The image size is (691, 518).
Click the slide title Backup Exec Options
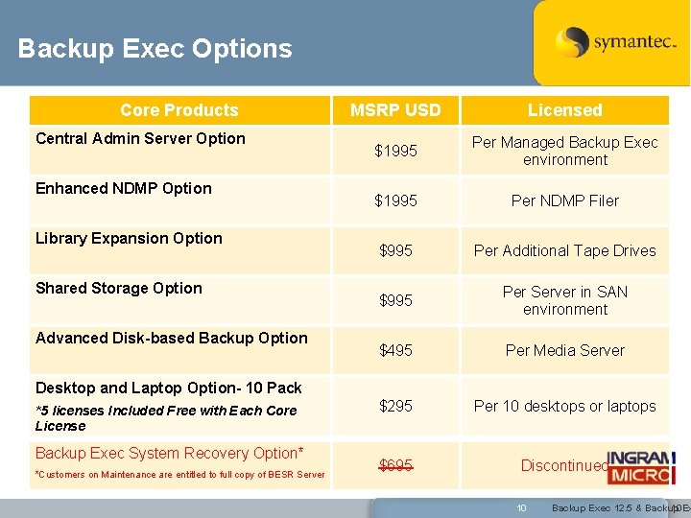point(155,49)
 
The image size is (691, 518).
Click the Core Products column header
point(179,110)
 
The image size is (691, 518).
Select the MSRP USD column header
point(395,110)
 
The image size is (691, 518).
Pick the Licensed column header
point(564,110)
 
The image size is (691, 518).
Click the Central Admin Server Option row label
point(140,138)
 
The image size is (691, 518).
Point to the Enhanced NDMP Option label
point(123,188)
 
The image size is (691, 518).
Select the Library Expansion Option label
point(129,238)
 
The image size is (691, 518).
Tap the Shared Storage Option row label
point(119,288)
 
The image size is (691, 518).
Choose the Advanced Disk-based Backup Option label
point(172,338)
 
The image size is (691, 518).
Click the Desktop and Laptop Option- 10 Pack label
point(169,388)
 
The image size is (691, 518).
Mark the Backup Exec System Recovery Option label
point(170,453)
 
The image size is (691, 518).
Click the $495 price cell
point(395,350)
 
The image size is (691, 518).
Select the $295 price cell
point(395,406)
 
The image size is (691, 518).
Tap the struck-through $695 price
point(395,466)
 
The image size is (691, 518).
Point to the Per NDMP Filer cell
point(564,200)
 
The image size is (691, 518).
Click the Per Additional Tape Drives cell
point(564,250)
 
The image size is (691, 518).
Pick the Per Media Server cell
point(564,350)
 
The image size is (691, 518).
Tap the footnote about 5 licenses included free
point(165,418)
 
